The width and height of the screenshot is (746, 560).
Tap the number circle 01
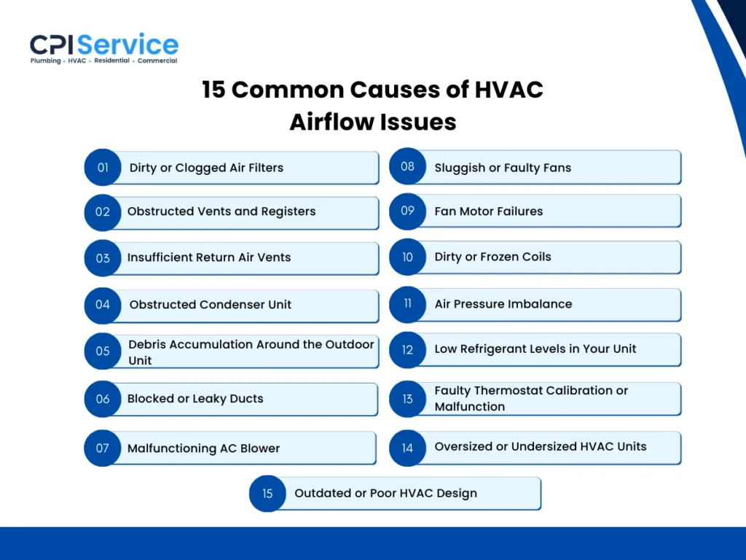(103, 168)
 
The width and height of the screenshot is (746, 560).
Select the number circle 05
(103, 351)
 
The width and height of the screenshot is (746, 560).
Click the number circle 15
(267, 494)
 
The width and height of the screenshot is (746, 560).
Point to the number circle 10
(407, 257)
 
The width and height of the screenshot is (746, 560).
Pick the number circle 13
(407, 399)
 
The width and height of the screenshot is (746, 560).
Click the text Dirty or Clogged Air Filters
(206, 168)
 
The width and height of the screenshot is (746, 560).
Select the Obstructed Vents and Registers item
(221, 211)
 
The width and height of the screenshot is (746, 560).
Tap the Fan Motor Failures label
(489, 211)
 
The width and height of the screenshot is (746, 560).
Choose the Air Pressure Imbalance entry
(503, 304)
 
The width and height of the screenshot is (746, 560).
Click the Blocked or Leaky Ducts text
(195, 399)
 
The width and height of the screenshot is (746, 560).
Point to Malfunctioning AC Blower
(203, 448)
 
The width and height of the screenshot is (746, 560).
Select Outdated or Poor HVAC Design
(385, 494)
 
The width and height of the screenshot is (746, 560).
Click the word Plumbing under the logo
(45, 61)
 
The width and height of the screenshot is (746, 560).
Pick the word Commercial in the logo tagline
(157, 61)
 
